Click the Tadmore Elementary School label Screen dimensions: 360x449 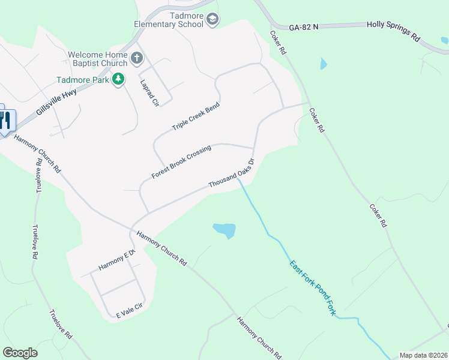click(169, 20)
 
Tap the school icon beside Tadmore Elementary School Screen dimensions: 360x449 click(212, 20)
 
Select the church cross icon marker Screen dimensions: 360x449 click(137, 59)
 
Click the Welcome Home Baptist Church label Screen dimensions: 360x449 click(98, 58)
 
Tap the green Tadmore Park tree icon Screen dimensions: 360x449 click(119, 79)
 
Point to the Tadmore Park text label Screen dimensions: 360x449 click(83, 79)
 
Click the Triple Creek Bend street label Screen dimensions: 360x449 click(196, 116)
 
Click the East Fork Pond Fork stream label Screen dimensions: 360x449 click(312, 288)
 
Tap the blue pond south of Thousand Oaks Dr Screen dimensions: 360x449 click(224, 230)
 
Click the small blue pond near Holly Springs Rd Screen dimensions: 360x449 click(324, 63)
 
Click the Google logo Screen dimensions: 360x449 click(20, 353)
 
